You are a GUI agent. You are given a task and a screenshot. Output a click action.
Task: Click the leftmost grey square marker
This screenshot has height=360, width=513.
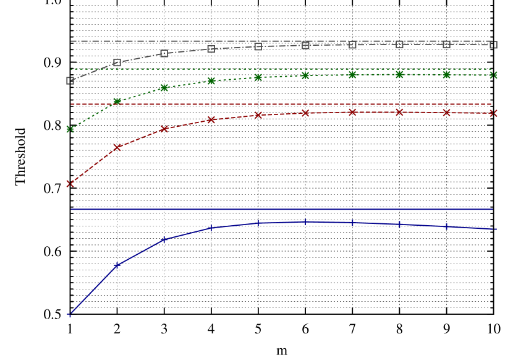click(70, 80)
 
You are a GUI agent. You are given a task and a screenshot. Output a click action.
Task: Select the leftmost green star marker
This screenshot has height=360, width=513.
click(70, 129)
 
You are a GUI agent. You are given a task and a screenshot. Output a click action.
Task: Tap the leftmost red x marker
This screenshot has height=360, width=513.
click(70, 184)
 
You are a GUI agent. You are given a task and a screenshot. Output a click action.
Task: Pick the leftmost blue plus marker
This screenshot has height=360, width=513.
click(70, 315)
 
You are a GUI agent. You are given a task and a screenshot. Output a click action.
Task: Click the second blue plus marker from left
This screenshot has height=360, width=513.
click(117, 266)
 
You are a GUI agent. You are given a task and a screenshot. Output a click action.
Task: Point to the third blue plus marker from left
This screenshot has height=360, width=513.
click(164, 240)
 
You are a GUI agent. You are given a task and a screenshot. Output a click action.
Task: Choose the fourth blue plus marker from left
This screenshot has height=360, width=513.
click(211, 228)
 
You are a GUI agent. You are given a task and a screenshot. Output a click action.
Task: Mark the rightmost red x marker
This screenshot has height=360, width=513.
click(493, 113)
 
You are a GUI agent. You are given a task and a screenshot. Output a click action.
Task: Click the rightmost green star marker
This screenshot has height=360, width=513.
click(493, 75)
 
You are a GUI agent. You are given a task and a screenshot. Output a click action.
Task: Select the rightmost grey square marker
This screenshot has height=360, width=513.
click(493, 45)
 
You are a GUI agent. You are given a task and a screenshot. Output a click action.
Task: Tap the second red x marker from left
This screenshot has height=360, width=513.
click(117, 147)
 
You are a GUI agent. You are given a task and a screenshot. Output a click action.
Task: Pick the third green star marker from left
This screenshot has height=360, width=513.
click(164, 88)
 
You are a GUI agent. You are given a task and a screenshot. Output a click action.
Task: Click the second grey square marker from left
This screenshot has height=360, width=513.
click(117, 62)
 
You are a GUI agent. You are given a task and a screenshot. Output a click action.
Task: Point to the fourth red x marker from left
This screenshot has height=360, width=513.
click(211, 119)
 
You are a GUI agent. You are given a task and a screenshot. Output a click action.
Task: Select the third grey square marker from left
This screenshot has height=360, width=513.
click(164, 54)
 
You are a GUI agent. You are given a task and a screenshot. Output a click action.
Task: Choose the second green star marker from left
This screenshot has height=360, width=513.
click(117, 101)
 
